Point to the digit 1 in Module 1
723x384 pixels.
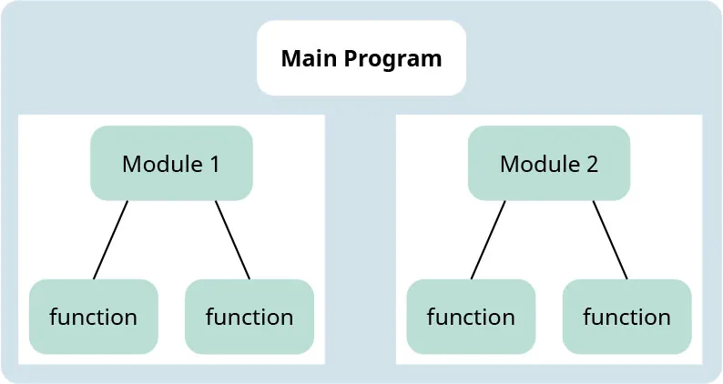click(x=214, y=165)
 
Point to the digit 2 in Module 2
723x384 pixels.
click(x=592, y=165)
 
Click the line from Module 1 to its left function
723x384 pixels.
click(x=110, y=239)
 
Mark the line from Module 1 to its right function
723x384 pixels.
click(x=232, y=239)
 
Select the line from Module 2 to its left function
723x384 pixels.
click(x=488, y=239)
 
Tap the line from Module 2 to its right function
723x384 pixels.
click(x=610, y=239)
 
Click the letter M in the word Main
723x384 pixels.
click(x=290, y=59)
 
